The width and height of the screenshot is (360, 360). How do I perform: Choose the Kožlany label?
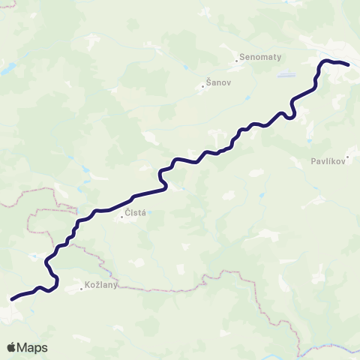click(x=103, y=286)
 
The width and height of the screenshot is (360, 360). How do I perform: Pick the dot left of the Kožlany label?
click(x=82, y=288)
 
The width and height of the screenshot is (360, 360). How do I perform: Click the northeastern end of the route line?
click(x=349, y=64)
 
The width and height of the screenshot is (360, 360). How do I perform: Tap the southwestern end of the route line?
click(x=11, y=298)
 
